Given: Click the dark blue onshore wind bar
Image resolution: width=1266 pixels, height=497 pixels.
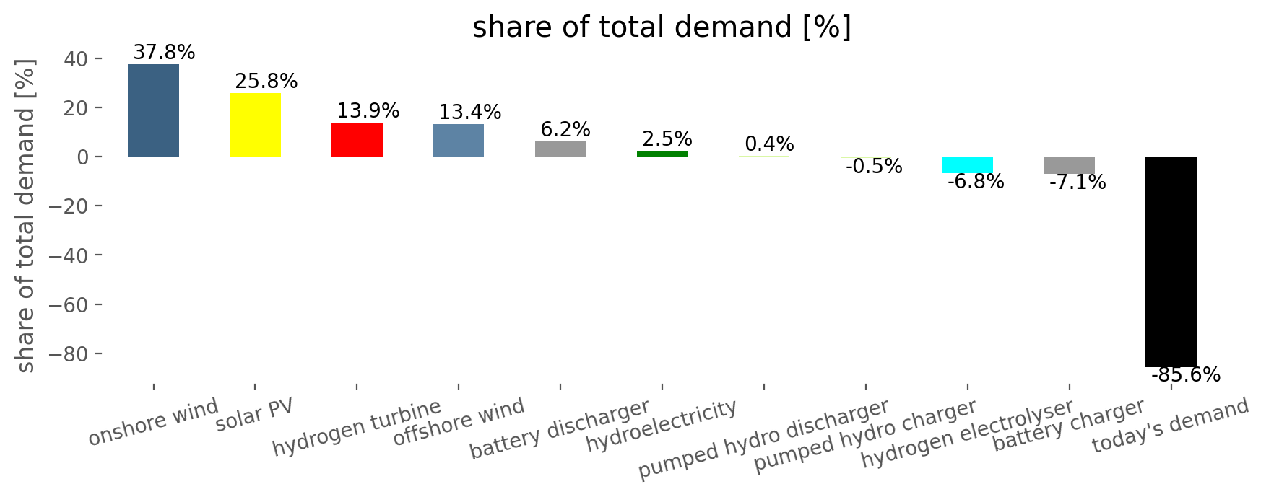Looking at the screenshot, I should pyautogui.click(x=153, y=110).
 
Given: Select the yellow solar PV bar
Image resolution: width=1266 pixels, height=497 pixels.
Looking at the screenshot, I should pyautogui.click(x=255, y=125).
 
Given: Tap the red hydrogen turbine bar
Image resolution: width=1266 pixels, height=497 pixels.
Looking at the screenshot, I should pyautogui.click(x=357, y=139).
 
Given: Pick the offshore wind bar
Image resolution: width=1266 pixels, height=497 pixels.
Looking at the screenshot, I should pyautogui.click(x=459, y=140).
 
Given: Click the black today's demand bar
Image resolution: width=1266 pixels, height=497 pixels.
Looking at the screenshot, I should pyautogui.click(x=1171, y=261).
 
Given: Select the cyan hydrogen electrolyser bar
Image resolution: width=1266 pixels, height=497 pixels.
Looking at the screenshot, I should pyautogui.click(x=967, y=164).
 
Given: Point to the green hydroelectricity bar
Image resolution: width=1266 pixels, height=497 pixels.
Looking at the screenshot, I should pyautogui.click(x=662, y=154).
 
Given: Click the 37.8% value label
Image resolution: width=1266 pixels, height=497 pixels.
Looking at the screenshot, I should pyautogui.click(x=164, y=53).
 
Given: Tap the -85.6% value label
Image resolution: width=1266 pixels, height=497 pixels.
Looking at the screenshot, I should pyautogui.click(x=1185, y=375).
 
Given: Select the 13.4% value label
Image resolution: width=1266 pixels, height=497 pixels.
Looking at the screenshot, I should pyautogui.click(x=469, y=113).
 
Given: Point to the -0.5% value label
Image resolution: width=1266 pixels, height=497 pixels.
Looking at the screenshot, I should pyautogui.click(x=873, y=167).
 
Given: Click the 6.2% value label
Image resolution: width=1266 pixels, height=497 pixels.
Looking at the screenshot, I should pyautogui.click(x=565, y=130).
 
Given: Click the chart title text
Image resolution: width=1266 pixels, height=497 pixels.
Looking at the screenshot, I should pyautogui.click(x=662, y=27).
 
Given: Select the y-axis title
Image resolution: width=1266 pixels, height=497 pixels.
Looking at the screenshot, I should pyautogui.click(x=26, y=216).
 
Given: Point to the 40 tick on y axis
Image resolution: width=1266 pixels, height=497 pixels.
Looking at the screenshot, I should pyautogui.click(x=78, y=59).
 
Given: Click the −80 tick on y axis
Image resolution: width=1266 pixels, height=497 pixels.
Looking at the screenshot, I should pyautogui.click(x=72, y=354).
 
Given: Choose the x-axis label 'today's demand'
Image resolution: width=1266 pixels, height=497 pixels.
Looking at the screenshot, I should pyautogui.click(x=1170, y=425).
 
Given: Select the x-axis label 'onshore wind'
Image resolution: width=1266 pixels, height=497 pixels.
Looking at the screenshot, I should pyautogui.click(x=153, y=422).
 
